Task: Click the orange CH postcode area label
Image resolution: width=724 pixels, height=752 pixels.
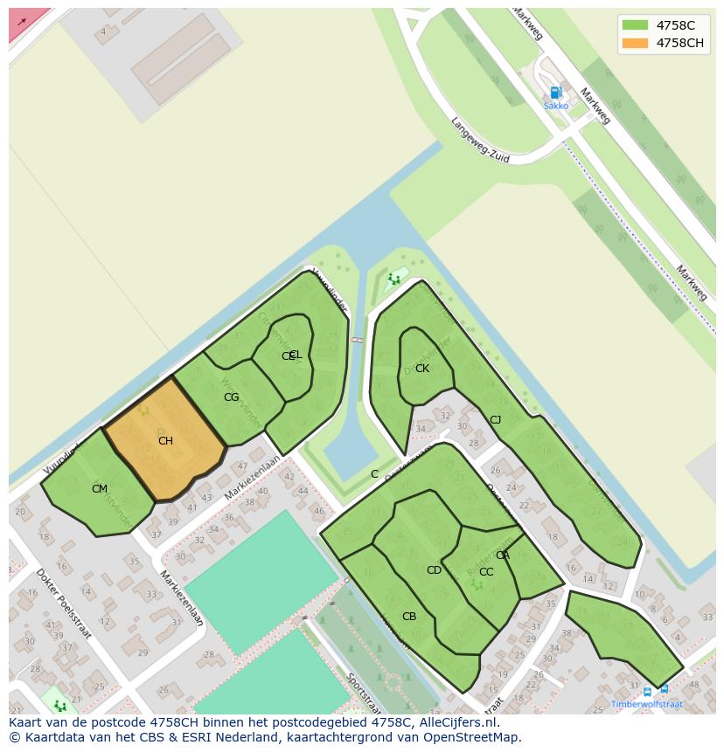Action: click(x=165, y=441)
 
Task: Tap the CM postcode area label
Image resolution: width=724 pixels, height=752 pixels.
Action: click(x=100, y=489)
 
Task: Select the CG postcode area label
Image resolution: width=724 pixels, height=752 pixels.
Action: click(x=231, y=397)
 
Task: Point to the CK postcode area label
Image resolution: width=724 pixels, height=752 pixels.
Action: click(x=422, y=369)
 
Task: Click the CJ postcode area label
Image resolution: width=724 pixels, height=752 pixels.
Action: click(x=495, y=420)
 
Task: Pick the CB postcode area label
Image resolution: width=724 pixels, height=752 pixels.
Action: click(x=409, y=617)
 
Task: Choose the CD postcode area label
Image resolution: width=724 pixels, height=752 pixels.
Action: click(x=434, y=570)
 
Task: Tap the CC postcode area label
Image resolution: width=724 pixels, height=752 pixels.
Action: click(x=486, y=572)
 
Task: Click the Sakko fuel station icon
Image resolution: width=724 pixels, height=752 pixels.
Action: click(x=555, y=92)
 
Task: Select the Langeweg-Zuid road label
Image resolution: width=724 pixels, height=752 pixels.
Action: click(x=479, y=141)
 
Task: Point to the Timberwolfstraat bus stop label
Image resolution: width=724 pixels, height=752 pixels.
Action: click(x=647, y=704)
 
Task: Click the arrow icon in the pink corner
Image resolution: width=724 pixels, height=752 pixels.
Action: click(x=21, y=22)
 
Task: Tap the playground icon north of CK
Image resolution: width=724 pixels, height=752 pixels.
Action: click(x=393, y=279)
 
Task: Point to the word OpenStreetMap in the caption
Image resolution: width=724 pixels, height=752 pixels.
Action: click(x=476, y=737)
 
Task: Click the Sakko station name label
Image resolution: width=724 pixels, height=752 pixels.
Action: click(x=555, y=106)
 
